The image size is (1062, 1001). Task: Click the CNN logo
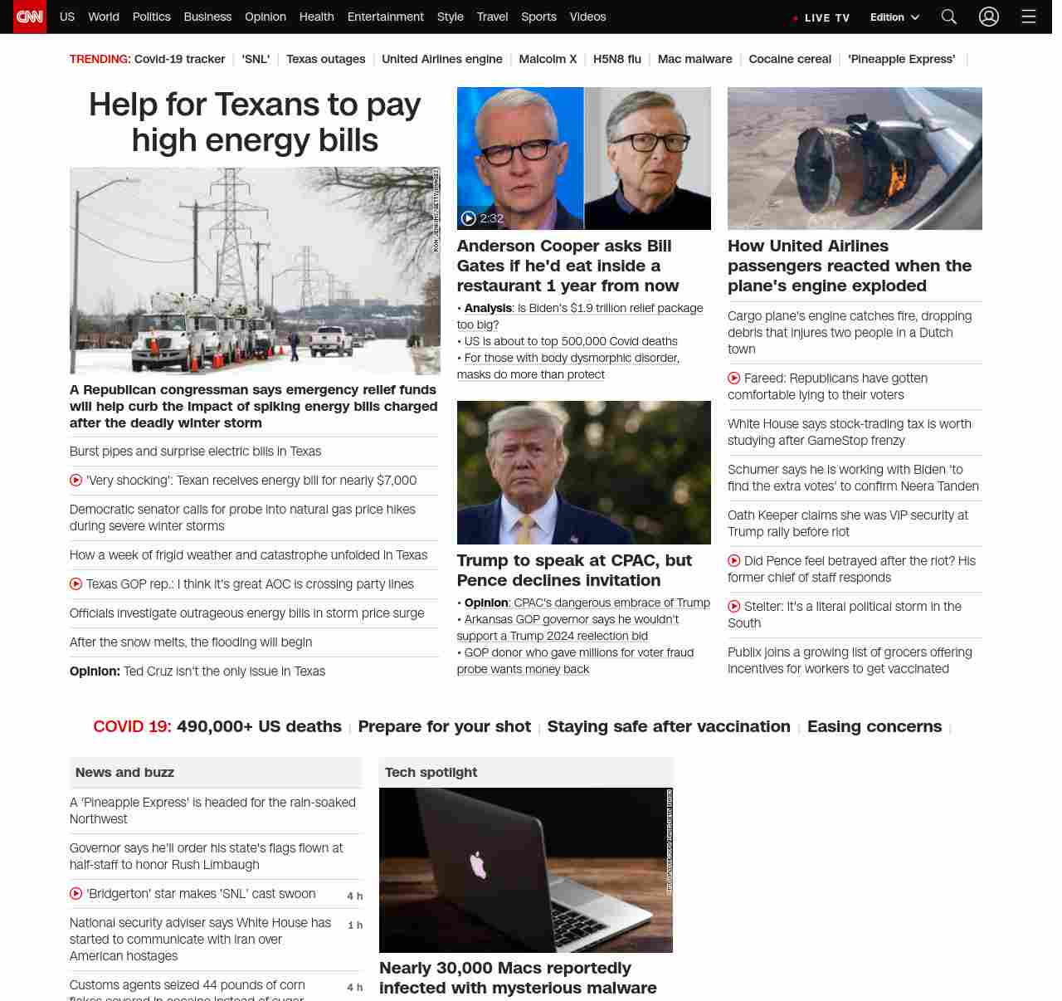coord(30,17)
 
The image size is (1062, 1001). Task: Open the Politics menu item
coord(151,17)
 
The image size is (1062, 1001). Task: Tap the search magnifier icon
coord(949,17)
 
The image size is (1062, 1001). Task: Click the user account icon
coord(988,17)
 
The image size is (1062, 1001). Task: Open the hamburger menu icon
coord(1029,17)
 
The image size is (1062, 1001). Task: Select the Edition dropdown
coord(894,17)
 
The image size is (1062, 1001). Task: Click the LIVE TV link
coord(822,17)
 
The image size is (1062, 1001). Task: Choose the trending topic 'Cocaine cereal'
coord(789,59)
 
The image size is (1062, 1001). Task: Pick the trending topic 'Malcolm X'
coord(548,59)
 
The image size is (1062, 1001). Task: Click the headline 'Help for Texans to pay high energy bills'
coord(255,122)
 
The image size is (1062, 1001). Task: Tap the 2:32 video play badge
coord(482,218)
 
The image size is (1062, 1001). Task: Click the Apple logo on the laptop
coord(478,865)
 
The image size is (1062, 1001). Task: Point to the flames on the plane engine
coord(895,178)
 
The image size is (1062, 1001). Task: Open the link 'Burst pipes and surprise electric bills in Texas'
coord(195,452)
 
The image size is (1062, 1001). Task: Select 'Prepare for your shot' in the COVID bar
coord(444,726)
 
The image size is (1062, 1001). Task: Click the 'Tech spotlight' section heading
coord(431,772)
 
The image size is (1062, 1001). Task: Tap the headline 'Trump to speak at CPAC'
coord(573,570)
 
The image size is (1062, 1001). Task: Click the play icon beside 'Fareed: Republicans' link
coord(733,378)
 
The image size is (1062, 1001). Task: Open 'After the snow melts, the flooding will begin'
coord(191,642)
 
